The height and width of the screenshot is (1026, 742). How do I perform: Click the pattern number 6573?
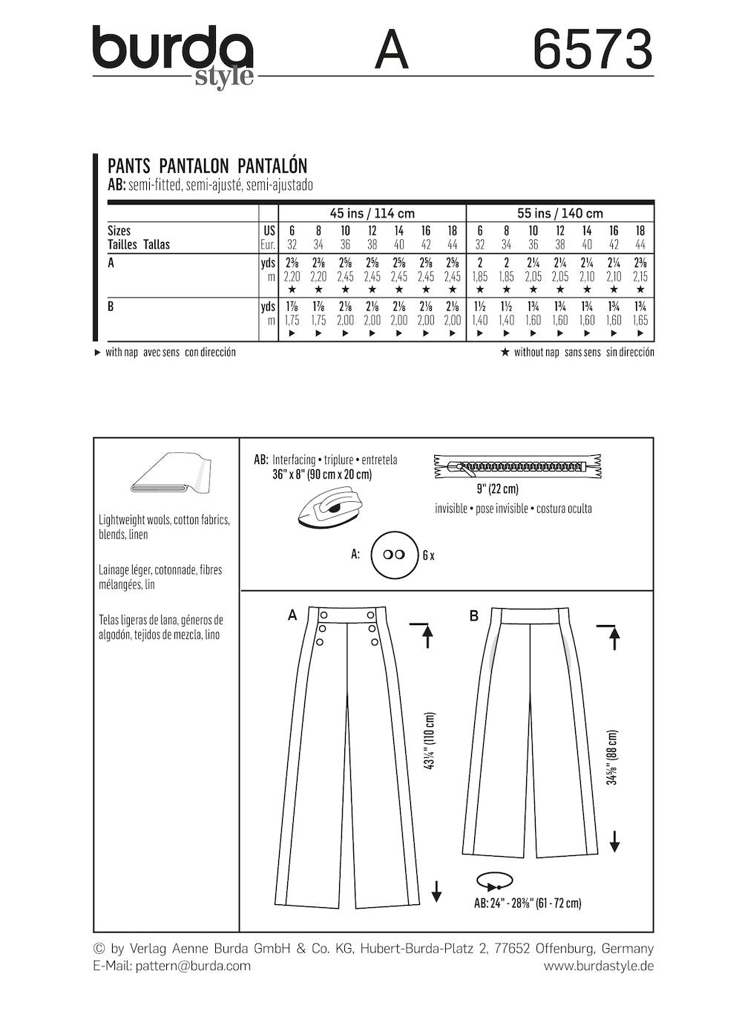click(593, 50)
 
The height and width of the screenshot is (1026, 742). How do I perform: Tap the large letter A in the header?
click(391, 51)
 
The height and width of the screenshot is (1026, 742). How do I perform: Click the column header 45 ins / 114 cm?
click(371, 214)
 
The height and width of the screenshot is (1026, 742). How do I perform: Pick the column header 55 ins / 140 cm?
click(559, 214)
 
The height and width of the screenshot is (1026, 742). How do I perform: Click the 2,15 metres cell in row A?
click(640, 276)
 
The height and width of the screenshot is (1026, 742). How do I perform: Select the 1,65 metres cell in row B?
click(640, 321)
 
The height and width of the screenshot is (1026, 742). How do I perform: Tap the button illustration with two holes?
click(392, 555)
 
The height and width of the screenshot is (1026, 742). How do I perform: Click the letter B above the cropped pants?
click(473, 615)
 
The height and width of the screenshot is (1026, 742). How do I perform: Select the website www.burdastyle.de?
click(598, 966)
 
